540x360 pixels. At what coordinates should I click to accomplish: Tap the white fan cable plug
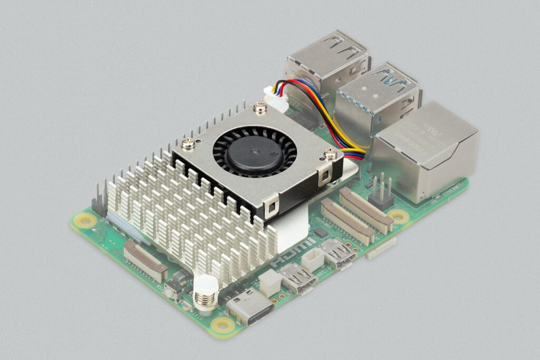276,99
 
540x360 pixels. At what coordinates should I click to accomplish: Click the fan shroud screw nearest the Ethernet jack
330,154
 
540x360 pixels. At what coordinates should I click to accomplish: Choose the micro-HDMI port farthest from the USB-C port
337,254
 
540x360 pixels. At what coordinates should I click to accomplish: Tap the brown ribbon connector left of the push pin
146,260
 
